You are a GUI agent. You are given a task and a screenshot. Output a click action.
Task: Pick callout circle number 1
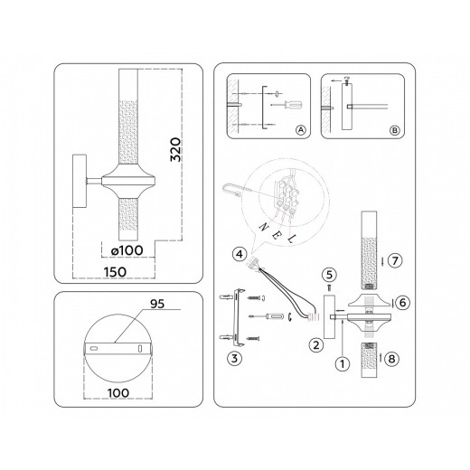(341, 365)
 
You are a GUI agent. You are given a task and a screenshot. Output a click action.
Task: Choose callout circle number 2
(315, 344)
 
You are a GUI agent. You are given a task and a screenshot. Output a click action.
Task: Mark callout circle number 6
(403, 303)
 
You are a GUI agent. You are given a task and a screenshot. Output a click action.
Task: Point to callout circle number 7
(396, 260)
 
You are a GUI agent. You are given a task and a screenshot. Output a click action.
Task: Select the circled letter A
(299, 130)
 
